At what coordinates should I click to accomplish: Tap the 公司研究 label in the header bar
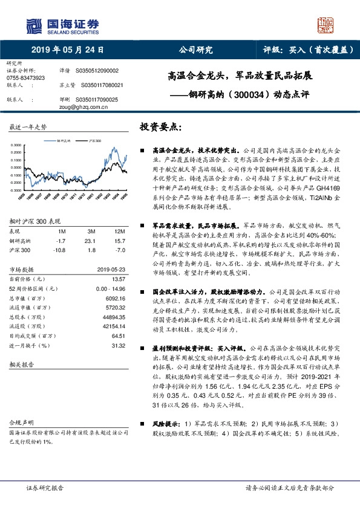coord(196,50)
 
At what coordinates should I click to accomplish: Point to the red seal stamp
coord(326,25)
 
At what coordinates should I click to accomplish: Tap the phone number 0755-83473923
coord(25,78)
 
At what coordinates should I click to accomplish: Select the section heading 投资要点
coord(160,127)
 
